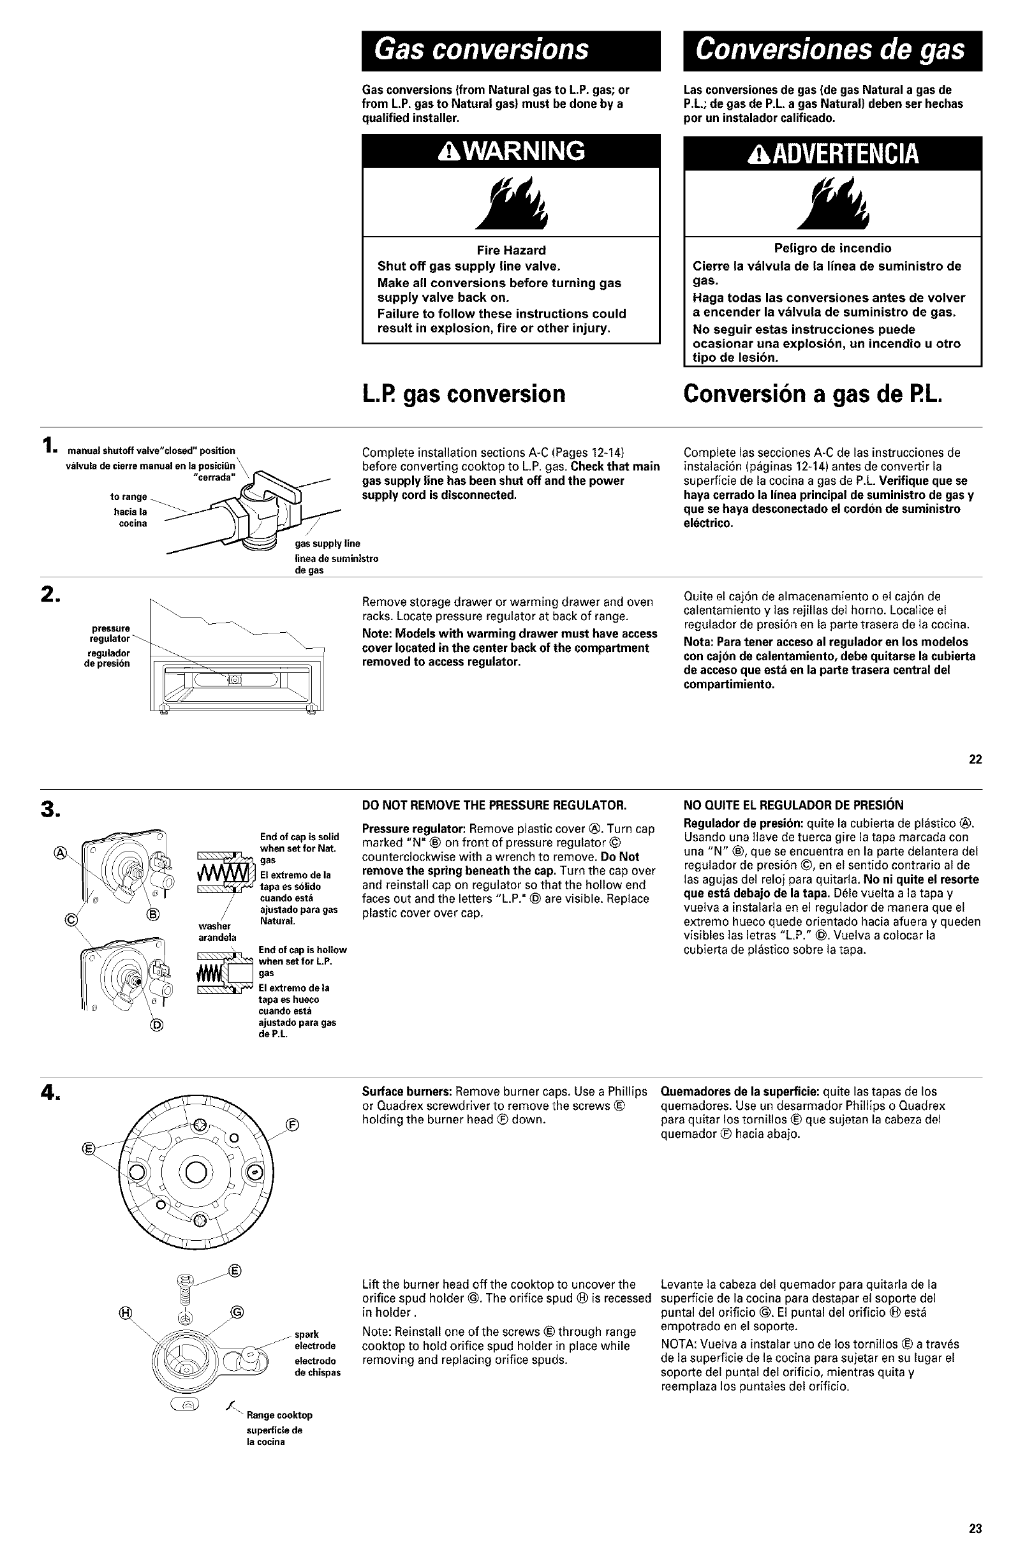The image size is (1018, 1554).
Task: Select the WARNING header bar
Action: tap(512, 151)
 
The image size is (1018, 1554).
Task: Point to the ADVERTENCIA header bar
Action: tap(833, 154)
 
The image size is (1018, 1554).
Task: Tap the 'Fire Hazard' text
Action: tap(511, 250)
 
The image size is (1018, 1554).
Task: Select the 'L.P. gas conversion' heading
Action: tap(463, 394)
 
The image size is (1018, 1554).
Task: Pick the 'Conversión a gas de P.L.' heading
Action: tap(813, 394)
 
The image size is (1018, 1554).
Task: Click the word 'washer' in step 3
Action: tap(214, 926)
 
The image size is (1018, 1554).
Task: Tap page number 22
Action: tap(975, 759)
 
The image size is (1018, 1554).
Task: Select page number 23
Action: tap(975, 1528)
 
